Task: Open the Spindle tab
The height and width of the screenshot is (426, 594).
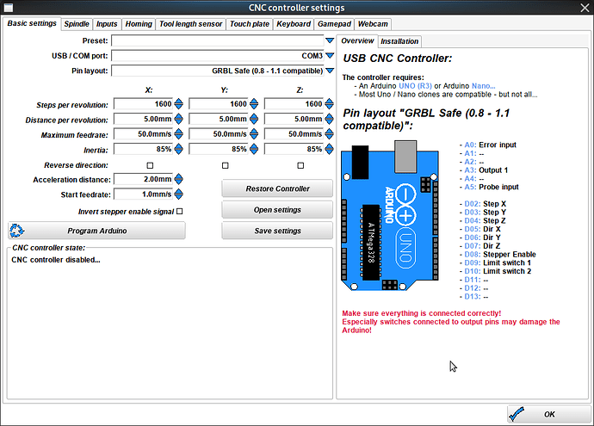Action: click(77, 24)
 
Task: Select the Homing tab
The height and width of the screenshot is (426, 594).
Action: click(139, 24)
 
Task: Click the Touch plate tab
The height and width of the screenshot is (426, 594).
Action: click(250, 24)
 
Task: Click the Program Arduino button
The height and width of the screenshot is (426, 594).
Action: click(96, 231)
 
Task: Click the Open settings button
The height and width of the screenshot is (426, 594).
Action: click(276, 210)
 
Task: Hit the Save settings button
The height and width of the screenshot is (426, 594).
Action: click(276, 231)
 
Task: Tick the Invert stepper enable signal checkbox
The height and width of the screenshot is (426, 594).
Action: click(180, 211)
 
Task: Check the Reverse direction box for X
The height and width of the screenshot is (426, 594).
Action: click(150, 165)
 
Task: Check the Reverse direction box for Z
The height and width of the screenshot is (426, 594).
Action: click(300, 165)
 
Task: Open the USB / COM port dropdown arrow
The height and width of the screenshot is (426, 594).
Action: click(329, 55)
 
